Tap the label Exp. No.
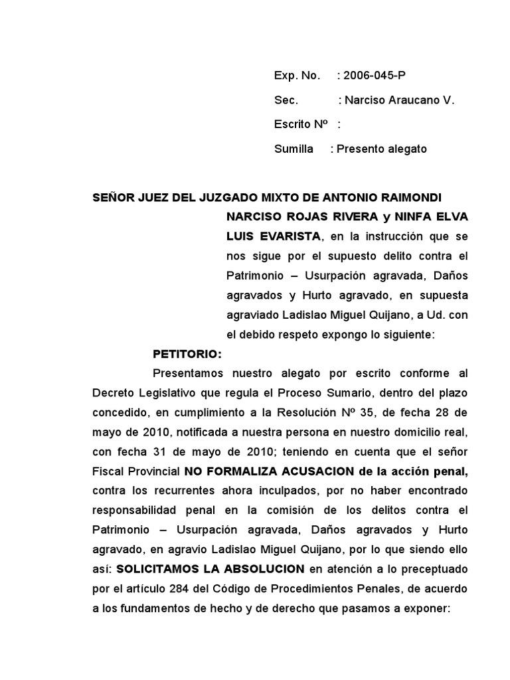click(x=297, y=76)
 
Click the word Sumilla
click(x=294, y=149)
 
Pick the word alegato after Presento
click(x=402, y=149)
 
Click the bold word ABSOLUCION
click(x=266, y=569)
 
